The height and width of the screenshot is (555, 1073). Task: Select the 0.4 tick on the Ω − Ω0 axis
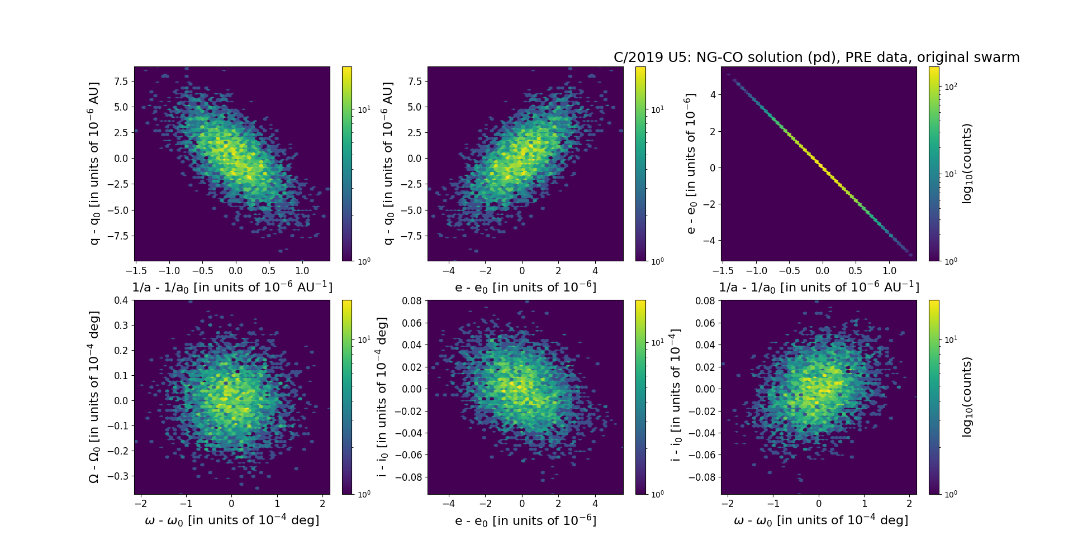(x=121, y=300)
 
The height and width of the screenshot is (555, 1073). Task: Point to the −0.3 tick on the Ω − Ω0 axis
(x=118, y=476)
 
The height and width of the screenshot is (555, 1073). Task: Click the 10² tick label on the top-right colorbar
(x=951, y=87)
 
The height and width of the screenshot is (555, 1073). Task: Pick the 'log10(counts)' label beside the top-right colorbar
(x=967, y=164)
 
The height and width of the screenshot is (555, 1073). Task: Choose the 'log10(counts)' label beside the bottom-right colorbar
(x=967, y=397)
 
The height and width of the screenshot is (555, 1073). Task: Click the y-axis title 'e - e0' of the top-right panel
(x=691, y=164)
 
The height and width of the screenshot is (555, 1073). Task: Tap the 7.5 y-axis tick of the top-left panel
(x=121, y=82)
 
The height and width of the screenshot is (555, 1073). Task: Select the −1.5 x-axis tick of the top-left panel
(x=136, y=271)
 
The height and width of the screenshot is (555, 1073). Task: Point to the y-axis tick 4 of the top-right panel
(x=713, y=95)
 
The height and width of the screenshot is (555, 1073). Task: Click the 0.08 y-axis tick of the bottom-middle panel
(x=412, y=301)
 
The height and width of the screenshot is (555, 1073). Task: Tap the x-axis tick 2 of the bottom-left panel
(x=323, y=504)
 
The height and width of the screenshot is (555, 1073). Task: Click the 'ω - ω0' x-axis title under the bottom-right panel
(x=820, y=520)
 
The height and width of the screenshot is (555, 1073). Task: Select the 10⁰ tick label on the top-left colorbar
(x=364, y=261)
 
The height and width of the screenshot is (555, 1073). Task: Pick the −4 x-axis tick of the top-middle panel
(x=448, y=271)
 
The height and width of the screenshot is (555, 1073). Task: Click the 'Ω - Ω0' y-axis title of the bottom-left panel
(x=94, y=397)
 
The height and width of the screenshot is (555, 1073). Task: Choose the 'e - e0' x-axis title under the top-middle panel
(x=525, y=288)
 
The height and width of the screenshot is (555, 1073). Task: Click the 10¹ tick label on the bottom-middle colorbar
(x=658, y=342)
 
